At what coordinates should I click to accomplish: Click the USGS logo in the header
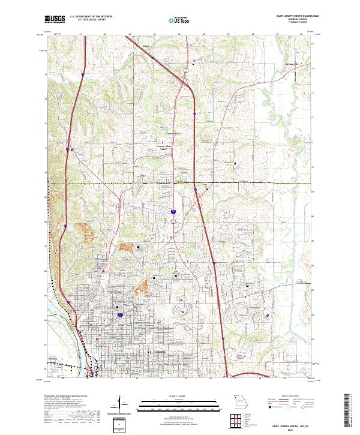(53, 19)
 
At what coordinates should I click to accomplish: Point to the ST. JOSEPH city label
(160, 347)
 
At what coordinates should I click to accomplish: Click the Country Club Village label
(165, 146)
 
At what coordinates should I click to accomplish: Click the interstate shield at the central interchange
(173, 212)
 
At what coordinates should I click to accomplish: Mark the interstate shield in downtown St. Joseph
(121, 314)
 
